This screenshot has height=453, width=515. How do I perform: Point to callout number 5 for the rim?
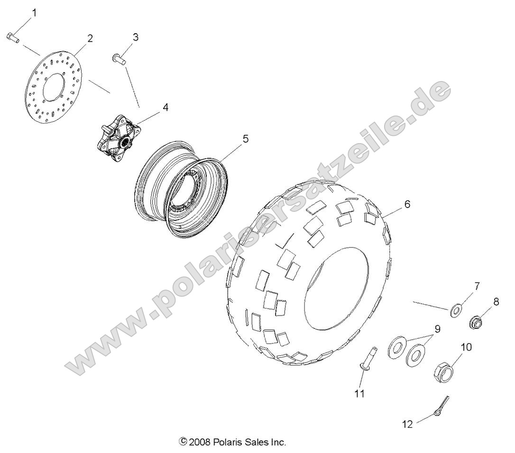tap(245, 139)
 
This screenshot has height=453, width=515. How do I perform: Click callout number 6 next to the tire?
tap(407, 204)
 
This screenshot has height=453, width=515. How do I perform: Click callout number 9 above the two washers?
tap(438, 328)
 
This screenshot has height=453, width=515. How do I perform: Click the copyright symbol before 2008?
tap(183, 442)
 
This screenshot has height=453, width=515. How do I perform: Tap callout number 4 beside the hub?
tap(152, 108)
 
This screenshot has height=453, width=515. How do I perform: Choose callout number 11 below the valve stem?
tap(360, 394)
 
